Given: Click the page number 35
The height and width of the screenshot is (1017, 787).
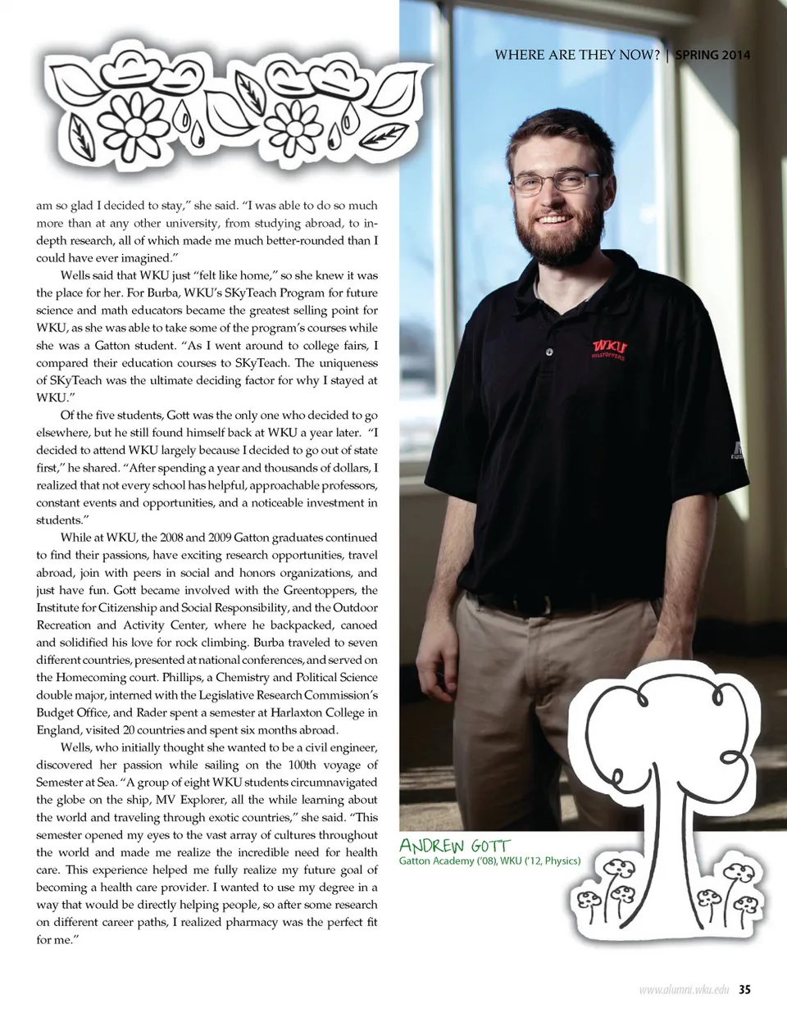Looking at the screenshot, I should tap(744, 990).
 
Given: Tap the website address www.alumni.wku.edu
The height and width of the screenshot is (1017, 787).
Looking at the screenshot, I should tap(684, 990).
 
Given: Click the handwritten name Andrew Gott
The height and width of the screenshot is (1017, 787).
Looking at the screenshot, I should tap(454, 845).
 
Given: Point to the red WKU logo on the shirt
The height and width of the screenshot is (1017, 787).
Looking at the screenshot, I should tap(609, 347).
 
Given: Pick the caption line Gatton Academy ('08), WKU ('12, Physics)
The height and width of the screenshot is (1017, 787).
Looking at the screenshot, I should tap(489, 861).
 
